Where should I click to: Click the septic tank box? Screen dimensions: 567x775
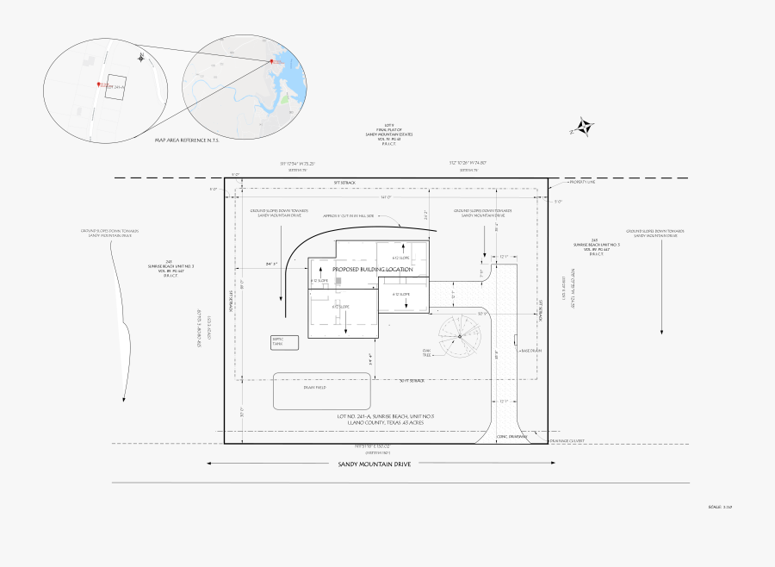pyautogui.click(x=283, y=342)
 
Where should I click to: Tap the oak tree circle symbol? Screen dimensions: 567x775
pyautogui.click(x=460, y=336)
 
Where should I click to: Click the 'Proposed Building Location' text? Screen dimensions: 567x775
pyautogui.click(x=373, y=270)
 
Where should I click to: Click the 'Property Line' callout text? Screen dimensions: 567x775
pyautogui.click(x=581, y=183)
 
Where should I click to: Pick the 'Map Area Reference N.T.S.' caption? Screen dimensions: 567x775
pyautogui.click(x=187, y=140)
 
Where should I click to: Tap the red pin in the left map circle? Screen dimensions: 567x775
pyautogui.click(x=98, y=84)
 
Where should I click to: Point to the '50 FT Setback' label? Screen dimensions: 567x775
pyautogui.click(x=412, y=380)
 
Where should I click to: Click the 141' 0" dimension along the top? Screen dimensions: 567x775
pyautogui.click(x=386, y=197)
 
